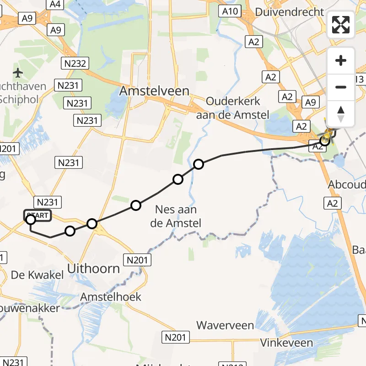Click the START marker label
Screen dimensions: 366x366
pyautogui.click(x=38, y=215)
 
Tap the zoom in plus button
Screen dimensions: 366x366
pyautogui.click(x=341, y=61)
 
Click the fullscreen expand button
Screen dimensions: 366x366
pyautogui.click(x=341, y=25)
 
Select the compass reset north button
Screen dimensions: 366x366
pyautogui.click(x=341, y=114)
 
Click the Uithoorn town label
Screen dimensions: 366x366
pyautogui.click(x=94, y=269)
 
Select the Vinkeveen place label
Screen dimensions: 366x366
pyautogui.click(x=286, y=342)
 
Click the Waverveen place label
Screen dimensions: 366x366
pyautogui.click(x=225, y=325)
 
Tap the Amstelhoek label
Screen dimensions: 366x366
pyautogui.click(x=111, y=297)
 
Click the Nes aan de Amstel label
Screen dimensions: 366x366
pyautogui.click(x=176, y=216)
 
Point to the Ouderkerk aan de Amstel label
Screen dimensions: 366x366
pyautogui.click(x=233, y=108)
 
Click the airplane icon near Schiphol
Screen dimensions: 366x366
pyautogui.click(x=18, y=72)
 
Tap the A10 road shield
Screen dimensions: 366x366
pyautogui.click(x=229, y=11)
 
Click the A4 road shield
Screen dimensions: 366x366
pyautogui.click(x=55, y=5)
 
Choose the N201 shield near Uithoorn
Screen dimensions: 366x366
pyautogui.click(x=137, y=260)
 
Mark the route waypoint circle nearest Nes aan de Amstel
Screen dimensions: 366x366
pyautogui.click(x=178, y=179)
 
